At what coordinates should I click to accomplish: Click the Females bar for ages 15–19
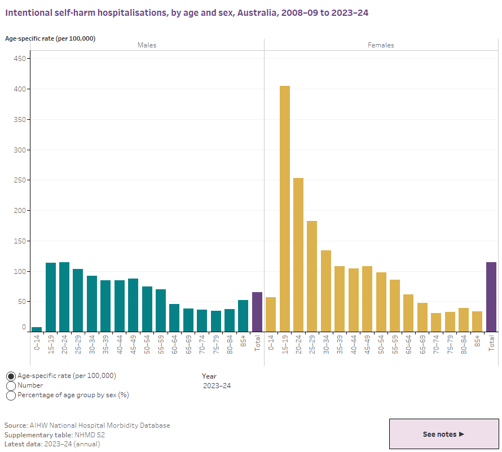(x=285, y=208)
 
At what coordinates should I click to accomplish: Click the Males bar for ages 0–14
(x=37, y=329)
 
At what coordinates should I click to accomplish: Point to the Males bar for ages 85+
(x=243, y=316)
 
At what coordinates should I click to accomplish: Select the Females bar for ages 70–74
(x=436, y=322)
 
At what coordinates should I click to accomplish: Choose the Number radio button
(x=11, y=385)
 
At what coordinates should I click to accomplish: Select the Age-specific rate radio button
(x=11, y=376)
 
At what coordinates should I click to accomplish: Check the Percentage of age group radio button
(x=11, y=395)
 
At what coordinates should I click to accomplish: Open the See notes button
(x=444, y=434)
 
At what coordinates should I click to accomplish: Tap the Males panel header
(x=147, y=45)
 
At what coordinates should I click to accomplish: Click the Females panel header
(x=382, y=45)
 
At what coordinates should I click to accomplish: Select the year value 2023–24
(x=217, y=386)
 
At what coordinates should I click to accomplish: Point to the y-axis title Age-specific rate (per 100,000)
(x=50, y=38)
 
